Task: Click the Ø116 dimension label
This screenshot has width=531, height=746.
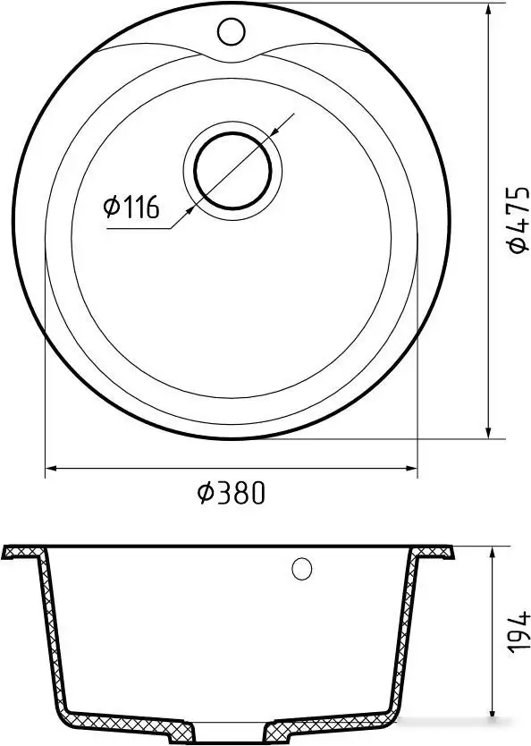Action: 131,207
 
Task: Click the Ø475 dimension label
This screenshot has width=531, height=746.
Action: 518,219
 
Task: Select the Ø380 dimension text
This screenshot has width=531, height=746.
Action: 231,493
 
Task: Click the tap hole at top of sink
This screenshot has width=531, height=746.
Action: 231,31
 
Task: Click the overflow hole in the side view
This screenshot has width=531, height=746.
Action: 302,568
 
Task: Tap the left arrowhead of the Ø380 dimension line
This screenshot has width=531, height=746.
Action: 49,469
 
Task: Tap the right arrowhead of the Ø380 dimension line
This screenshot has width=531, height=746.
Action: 412,469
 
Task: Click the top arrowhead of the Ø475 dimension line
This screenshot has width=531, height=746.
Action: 488,11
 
